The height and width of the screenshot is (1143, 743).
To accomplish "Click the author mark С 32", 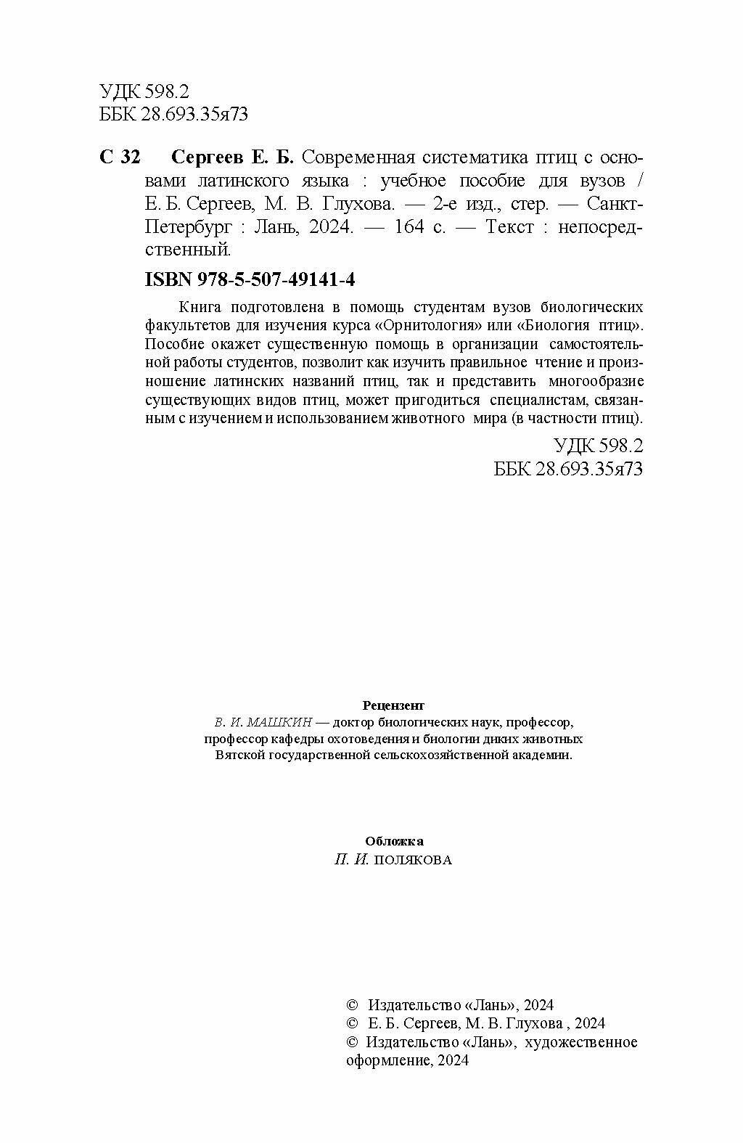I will point(119,157).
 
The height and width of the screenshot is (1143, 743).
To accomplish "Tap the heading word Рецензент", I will point(393,705).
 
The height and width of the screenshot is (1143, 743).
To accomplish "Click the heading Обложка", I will point(395,841).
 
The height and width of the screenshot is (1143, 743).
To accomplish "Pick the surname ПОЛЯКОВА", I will point(413,860).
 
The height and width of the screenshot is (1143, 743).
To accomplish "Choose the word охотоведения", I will point(358,739).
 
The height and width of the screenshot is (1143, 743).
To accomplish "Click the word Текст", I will point(510,227).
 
